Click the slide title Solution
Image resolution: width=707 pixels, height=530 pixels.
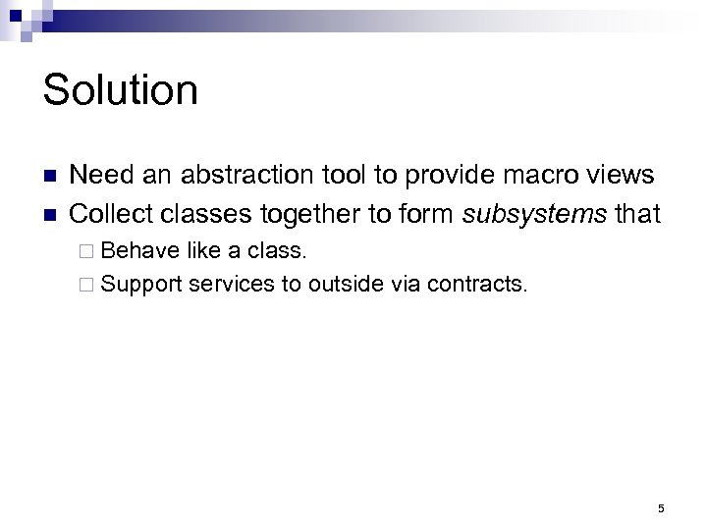[x=121, y=91]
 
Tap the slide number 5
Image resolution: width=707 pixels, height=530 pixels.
[x=661, y=507]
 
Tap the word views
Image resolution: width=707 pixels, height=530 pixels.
[x=620, y=176]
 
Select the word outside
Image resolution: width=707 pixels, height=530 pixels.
[x=344, y=286]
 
